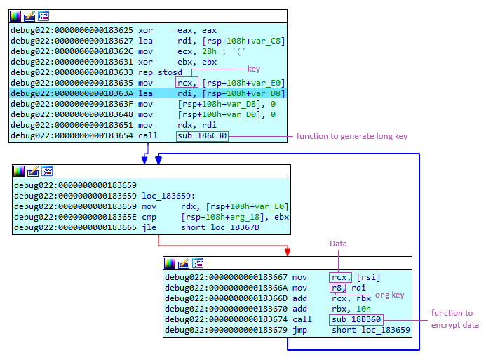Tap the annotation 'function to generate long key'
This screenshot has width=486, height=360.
point(351,135)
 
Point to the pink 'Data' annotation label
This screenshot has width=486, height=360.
point(339,244)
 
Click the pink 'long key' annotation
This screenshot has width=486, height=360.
point(389,295)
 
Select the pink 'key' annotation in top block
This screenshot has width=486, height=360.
point(254,69)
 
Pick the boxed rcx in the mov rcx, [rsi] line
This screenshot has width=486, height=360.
point(339,277)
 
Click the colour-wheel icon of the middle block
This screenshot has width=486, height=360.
point(19,171)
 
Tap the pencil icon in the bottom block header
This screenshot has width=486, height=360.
point(184,263)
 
